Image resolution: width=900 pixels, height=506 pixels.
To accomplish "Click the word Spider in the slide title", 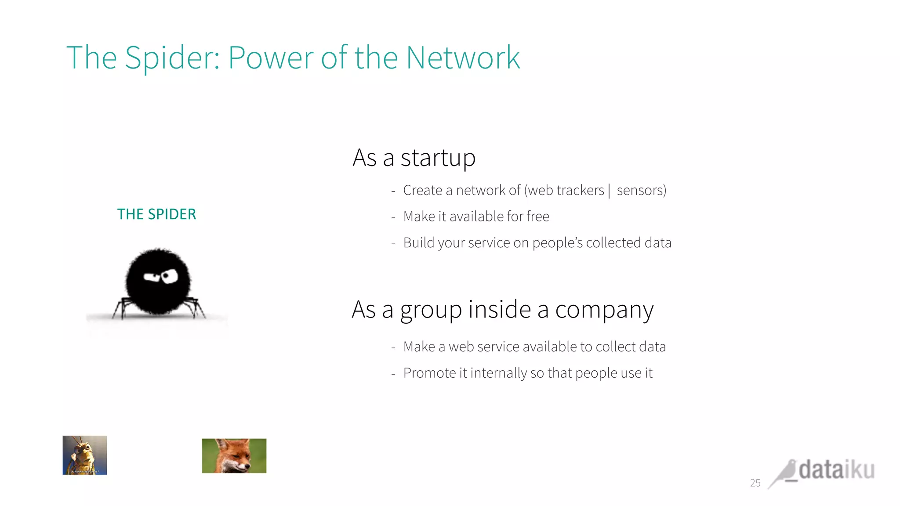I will tap(172, 58).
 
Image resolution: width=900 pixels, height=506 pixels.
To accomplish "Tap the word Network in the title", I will tap(463, 58).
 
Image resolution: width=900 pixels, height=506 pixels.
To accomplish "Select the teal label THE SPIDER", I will tap(156, 214).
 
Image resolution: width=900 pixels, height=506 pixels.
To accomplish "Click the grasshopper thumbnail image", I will tap(85, 455).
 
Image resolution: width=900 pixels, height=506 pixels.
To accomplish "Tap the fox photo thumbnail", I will tap(234, 456).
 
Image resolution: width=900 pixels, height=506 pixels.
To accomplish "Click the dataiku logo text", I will tap(836, 470).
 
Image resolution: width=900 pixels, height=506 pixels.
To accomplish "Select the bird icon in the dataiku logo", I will tap(784, 473).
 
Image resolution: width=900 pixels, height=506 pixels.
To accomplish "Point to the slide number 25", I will tap(755, 483).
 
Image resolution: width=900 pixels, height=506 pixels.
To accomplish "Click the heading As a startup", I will tap(414, 158).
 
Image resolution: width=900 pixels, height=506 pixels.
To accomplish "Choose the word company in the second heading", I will tap(604, 310).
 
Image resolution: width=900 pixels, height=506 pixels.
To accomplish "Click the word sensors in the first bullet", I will tap(641, 191).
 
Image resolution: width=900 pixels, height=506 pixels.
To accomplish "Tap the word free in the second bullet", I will tap(537, 217).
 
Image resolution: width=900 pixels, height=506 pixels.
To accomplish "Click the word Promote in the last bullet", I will tap(429, 373).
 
